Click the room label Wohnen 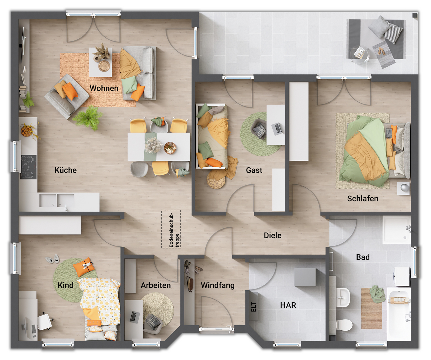104,88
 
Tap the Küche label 66,170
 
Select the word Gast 254,170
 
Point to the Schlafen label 362,199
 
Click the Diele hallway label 272,236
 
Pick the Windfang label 218,285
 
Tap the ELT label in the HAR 254,307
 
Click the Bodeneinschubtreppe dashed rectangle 171,229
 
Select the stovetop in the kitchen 28,167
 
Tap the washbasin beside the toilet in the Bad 343,297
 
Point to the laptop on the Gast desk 277,129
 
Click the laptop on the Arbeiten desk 135,317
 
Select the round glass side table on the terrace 360,54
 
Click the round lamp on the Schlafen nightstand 404,188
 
